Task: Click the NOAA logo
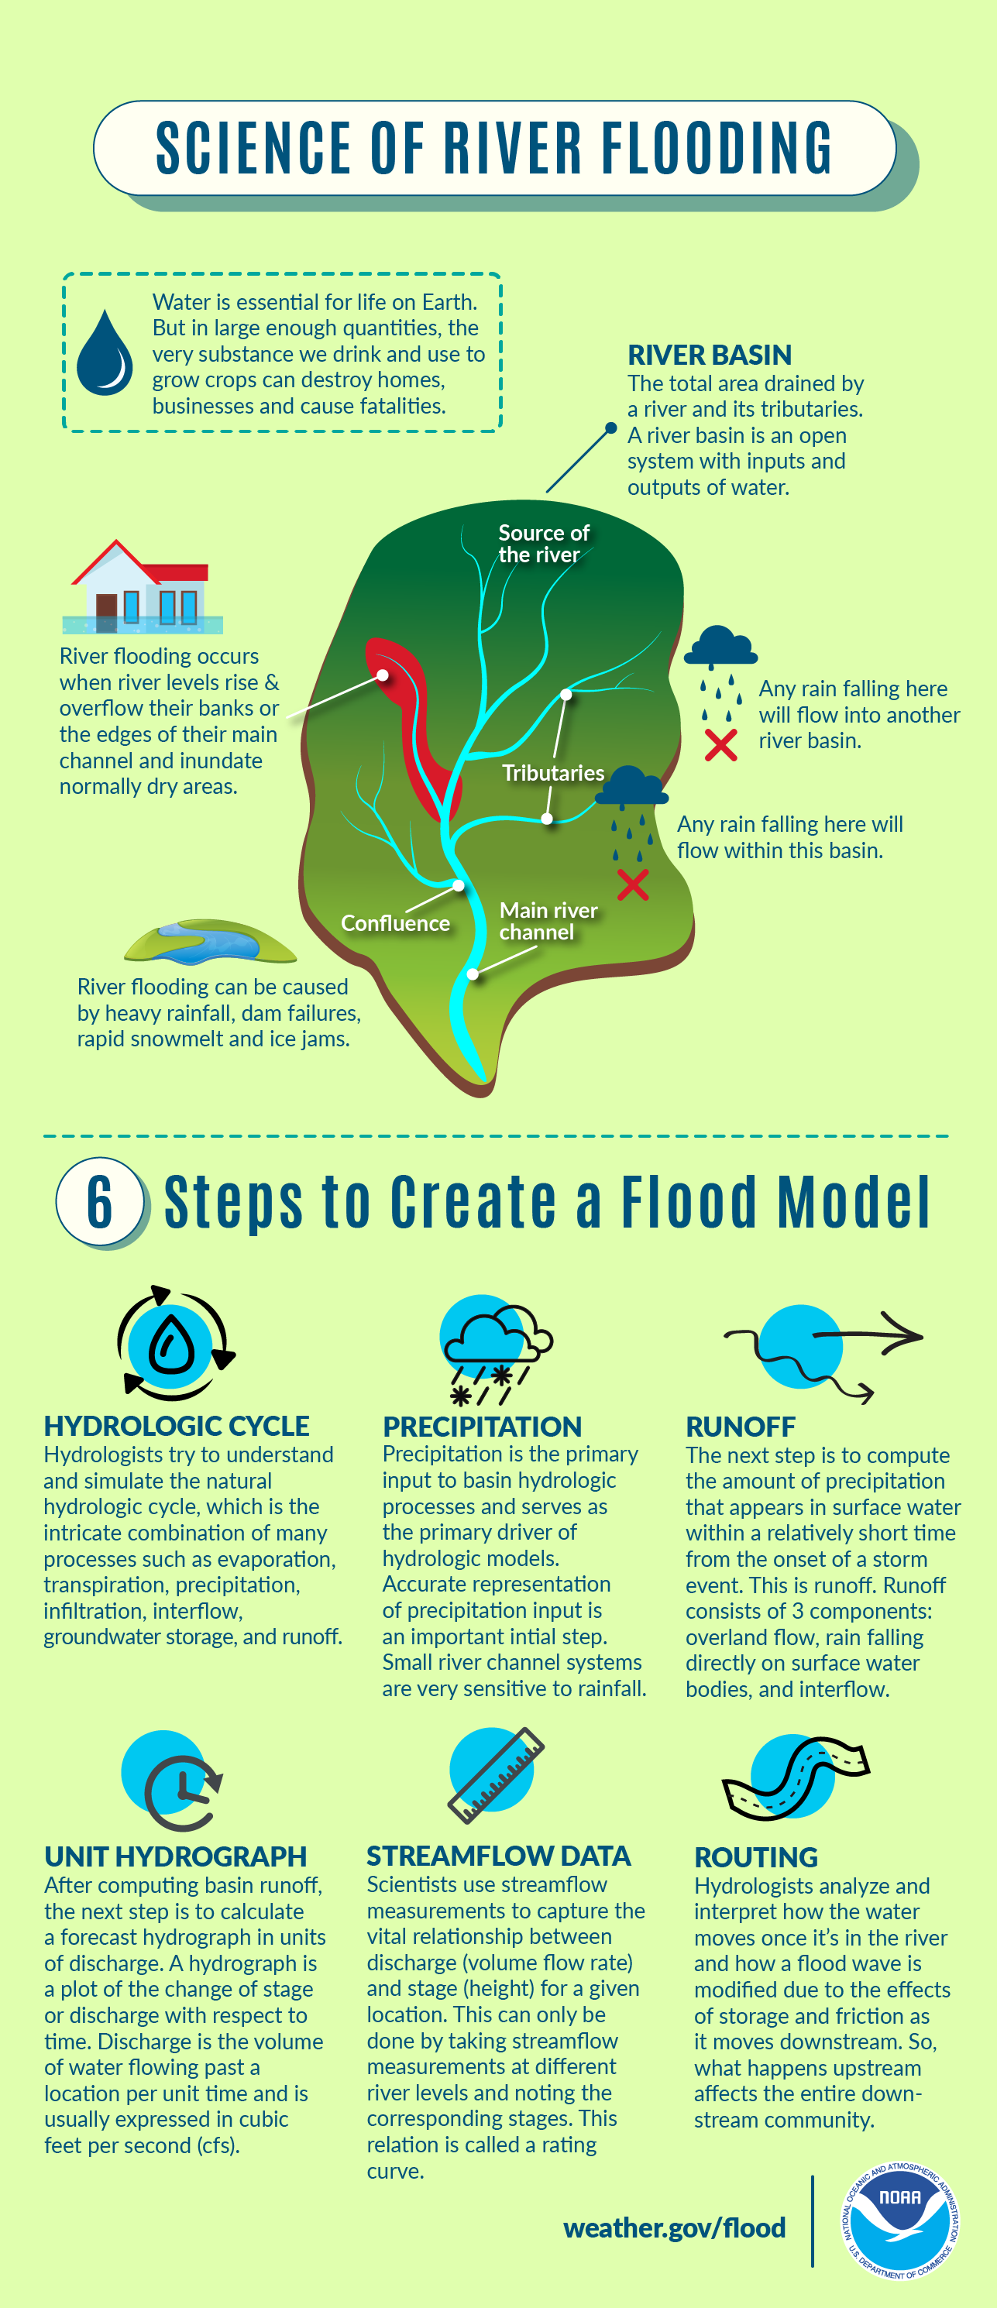(x=899, y=2221)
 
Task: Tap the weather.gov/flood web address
(x=674, y=2227)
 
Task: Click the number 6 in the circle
(x=99, y=1200)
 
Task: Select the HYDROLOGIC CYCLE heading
(x=177, y=1426)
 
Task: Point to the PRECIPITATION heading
(x=482, y=1427)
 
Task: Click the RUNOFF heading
(x=740, y=1427)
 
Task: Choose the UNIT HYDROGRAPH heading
(x=176, y=1856)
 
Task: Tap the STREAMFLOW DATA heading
(x=498, y=1856)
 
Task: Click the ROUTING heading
(x=756, y=1857)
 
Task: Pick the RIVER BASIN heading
(x=709, y=355)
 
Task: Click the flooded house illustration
(x=143, y=588)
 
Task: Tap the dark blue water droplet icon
(x=105, y=353)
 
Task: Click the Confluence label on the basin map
(x=395, y=923)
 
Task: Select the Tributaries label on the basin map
(x=552, y=772)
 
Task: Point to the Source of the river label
(x=543, y=543)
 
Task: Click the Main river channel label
(x=548, y=921)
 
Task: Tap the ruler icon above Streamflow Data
(x=495, y=1775)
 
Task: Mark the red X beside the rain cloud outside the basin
(x=720, y=744)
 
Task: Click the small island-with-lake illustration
(x=211, y=942)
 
